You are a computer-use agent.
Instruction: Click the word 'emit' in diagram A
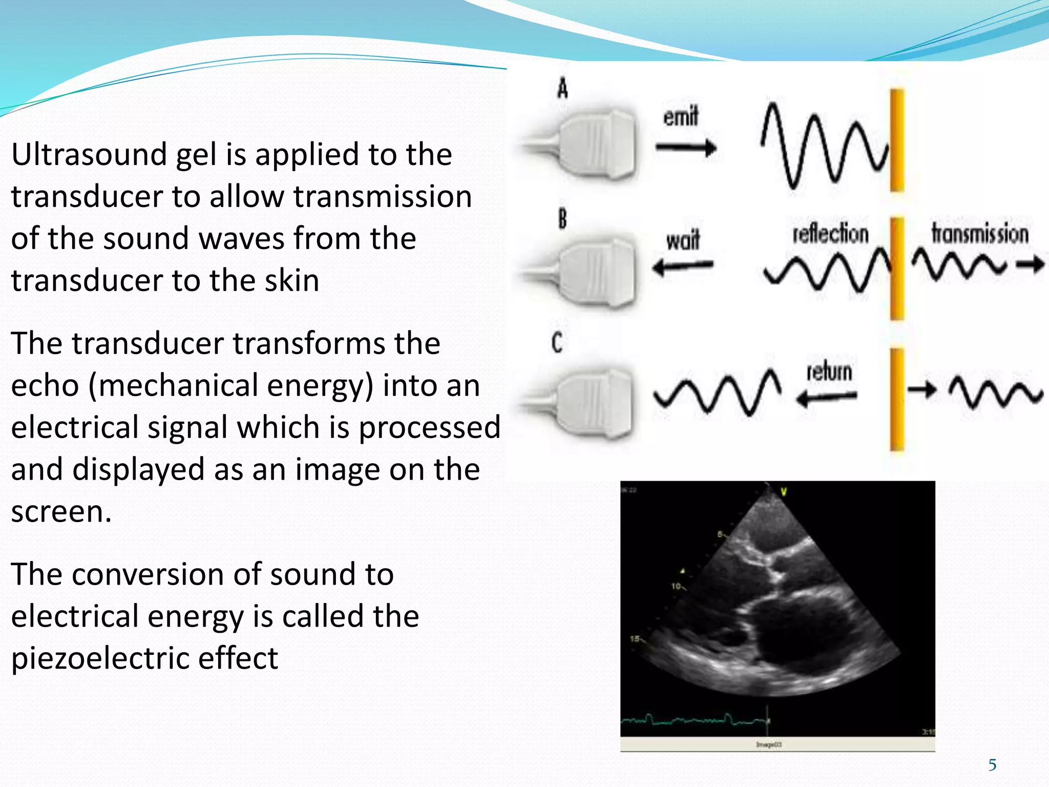pos(681,117)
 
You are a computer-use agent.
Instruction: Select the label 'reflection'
pos(830,234)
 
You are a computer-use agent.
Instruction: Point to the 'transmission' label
pos(979,234)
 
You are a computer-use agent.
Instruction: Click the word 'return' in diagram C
pos(829,371)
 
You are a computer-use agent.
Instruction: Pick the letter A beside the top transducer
pos(562,89)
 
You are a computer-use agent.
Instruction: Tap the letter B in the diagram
pos(562,219)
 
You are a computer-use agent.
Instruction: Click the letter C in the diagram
pos(557,342)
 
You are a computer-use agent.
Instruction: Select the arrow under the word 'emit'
pos(686,149)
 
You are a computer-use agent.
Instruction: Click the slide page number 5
pos(992,765)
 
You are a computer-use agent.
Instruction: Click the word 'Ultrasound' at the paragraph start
pos(88,154)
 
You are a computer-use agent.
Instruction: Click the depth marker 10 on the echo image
pos(676,586)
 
